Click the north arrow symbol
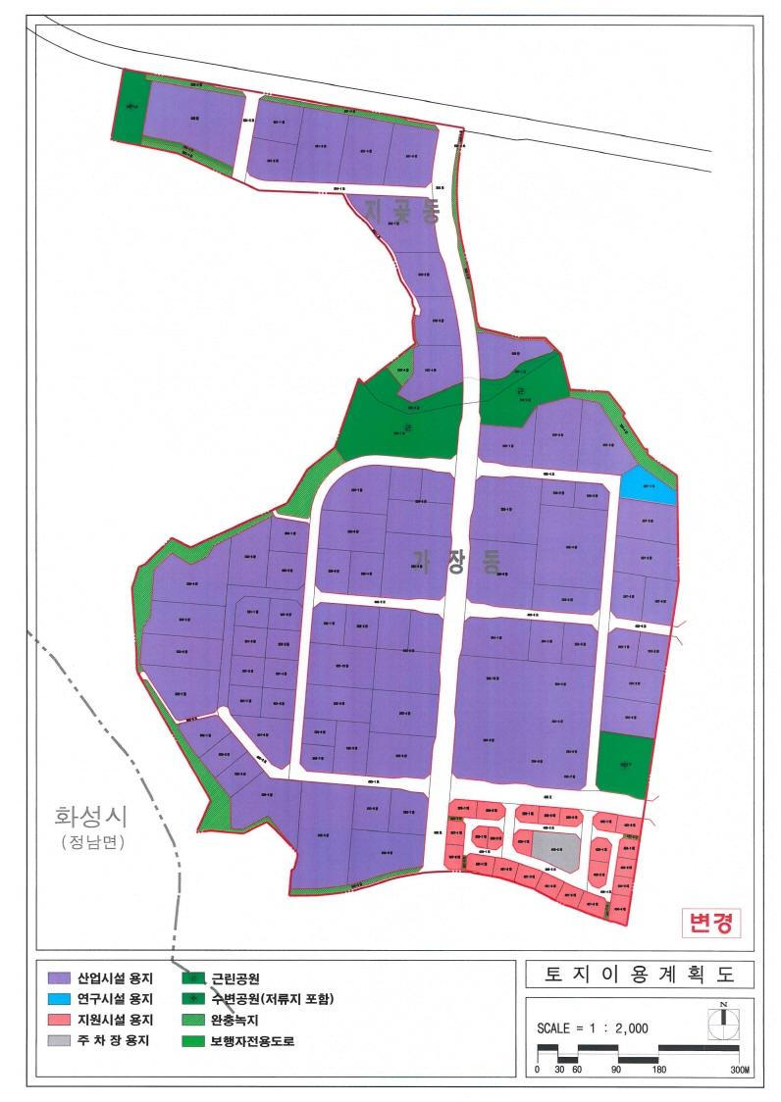(x=723, y=1018)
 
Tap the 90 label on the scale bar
(x=617, y=1070)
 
